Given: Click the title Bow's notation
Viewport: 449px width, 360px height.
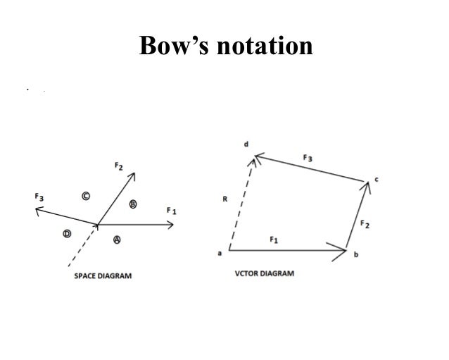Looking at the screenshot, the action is click(x=225, y=46).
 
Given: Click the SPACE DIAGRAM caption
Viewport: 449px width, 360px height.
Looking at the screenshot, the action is click(x=103, y=276).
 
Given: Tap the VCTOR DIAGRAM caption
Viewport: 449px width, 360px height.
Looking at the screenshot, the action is click(x=264, y=273).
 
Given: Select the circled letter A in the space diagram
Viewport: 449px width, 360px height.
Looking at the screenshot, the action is click(x=117, y=240).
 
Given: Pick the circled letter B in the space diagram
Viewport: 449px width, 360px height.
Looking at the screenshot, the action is click(x=133, y=204).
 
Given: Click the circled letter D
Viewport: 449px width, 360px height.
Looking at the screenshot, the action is click(x=68, y=233).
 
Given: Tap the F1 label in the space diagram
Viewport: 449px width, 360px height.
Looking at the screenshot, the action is click(x=171, y=210).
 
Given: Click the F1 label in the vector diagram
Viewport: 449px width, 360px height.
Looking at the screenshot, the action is click(x=274, y=240).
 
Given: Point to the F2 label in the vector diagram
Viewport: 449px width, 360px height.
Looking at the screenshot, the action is click(x=365, y=225).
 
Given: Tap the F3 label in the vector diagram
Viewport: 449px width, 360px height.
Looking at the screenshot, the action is click(x=308, y=159).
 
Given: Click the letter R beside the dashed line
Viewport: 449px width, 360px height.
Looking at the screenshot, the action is click(x=224, y=199).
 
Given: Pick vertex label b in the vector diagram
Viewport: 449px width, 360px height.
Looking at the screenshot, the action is click(x=356, y=254).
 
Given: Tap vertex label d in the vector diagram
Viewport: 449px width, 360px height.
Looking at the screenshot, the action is click(x=246, y=145).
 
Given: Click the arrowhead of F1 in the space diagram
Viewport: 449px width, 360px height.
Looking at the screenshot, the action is click(x=171, y=225).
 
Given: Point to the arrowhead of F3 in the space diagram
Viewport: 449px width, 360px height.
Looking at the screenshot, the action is click(x=40, y=209).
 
